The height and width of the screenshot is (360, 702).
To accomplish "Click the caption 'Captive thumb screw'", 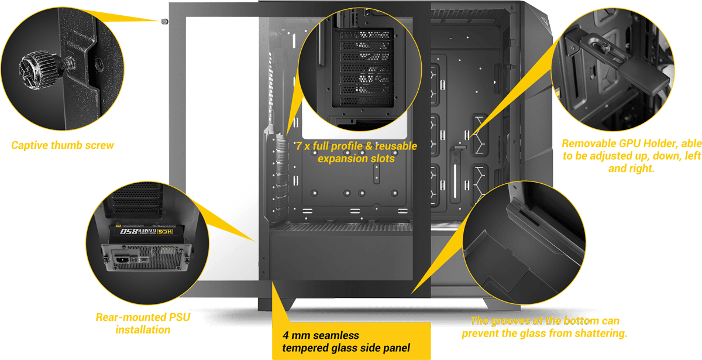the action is point(63,145).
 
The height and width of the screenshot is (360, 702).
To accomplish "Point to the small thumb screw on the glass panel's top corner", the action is point(164,21).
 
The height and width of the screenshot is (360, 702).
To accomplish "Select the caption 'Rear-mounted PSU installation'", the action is point(143,323).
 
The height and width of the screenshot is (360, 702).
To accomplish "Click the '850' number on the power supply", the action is point(129,231).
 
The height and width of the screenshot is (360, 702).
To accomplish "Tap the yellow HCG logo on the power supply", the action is point(165,232).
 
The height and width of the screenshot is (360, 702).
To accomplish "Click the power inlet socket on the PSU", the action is point(122,260).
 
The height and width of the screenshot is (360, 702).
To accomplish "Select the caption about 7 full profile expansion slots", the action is point(356,152).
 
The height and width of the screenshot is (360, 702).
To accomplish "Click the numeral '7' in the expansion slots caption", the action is point(299,146).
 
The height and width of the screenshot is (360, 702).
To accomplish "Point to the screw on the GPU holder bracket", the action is point(605,48).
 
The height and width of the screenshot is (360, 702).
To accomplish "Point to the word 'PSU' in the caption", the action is point(179,317).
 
